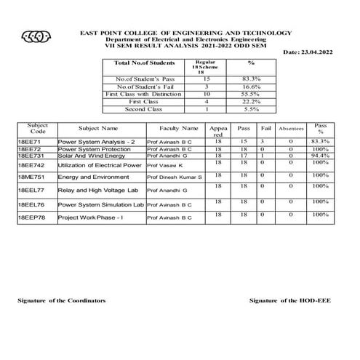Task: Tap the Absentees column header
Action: coord(291,129)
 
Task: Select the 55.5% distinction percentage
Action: coord(250,95)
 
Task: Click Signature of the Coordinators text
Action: coord(62,300)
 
